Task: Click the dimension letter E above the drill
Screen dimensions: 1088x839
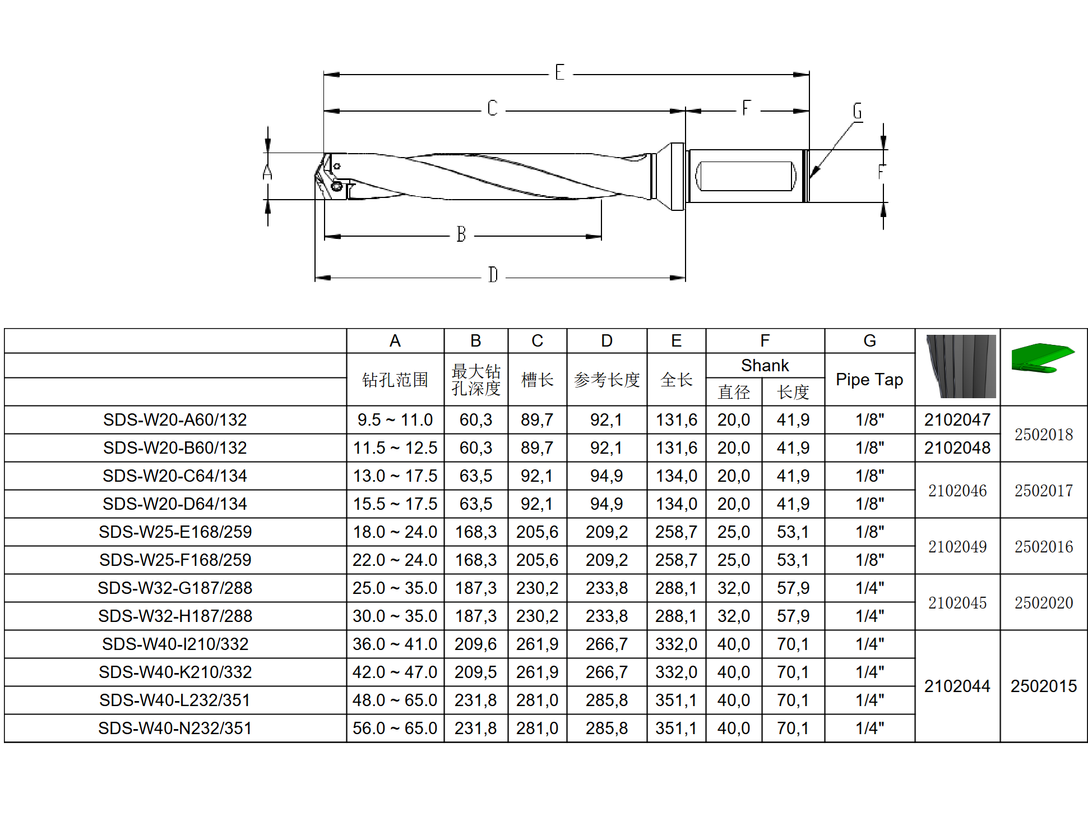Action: [x=559, y=72]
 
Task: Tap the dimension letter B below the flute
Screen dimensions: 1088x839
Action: [x=461, y=234]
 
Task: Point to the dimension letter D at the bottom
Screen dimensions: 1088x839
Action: [x=493, y=275]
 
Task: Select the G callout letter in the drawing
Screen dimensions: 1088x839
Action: [x=857, y=111]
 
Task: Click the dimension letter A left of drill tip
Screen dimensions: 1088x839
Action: [x=267, y=172]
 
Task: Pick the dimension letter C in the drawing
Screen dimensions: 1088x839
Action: [x=492, y=108]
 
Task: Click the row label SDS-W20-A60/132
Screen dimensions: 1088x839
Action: [x=175, y=419]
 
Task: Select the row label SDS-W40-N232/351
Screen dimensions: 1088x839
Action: [x=175, y=728]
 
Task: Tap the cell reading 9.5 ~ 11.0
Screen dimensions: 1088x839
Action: [x=395, y=419]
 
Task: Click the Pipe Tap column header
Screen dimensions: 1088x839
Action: [x=869, y=380]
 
